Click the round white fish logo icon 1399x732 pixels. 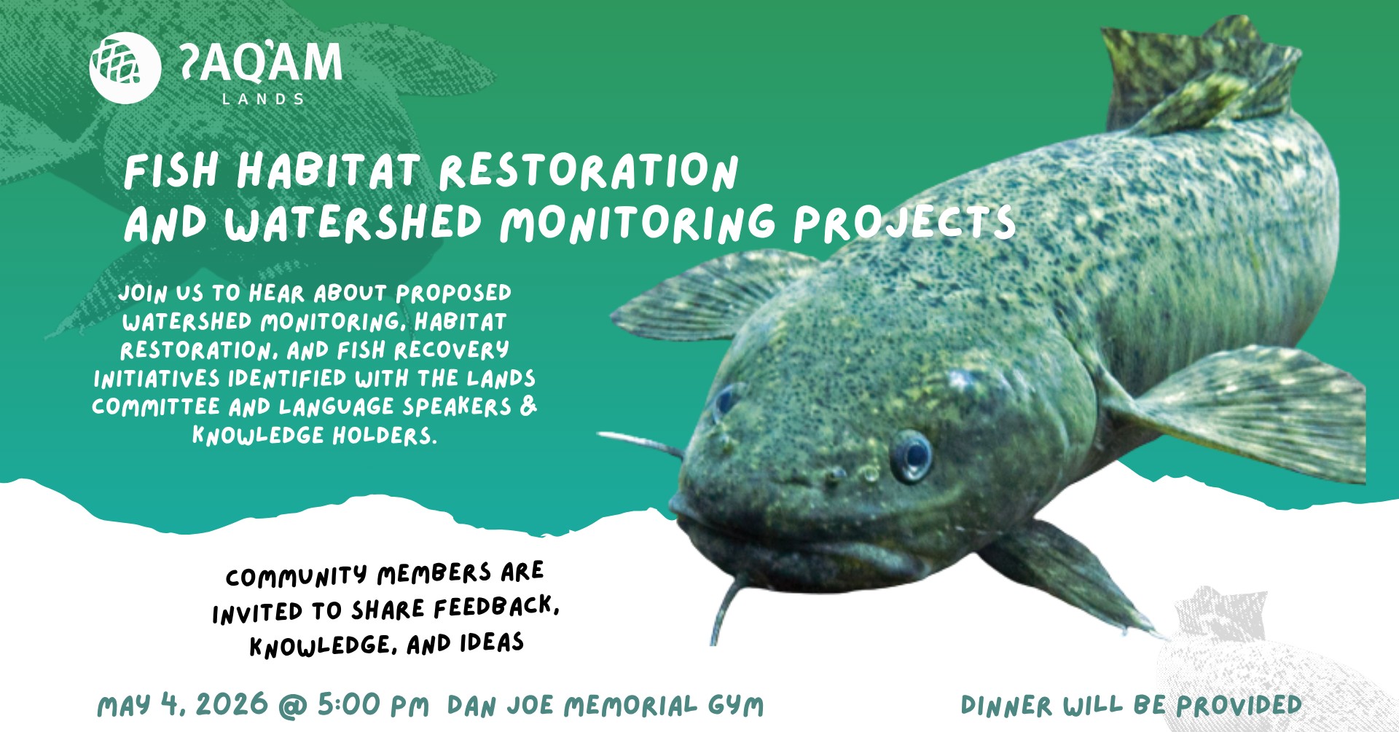click(125, 68)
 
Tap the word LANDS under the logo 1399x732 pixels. click(263, 99)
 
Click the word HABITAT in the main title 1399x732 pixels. click(329, 172)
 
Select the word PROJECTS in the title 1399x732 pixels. click(904, 223)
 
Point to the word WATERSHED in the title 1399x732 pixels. click(353, 223)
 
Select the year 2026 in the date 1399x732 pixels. click(232, 704)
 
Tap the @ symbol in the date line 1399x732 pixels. click(293, 706)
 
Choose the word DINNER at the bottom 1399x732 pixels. click(1006, 705)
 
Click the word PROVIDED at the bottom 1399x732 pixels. click(1239, 704)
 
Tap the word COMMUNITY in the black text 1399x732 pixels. click(296, 576)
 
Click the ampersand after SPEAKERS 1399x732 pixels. click(528, 405)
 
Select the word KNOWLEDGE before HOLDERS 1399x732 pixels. click(259, 435)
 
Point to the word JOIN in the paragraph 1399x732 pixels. click(144, 293)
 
